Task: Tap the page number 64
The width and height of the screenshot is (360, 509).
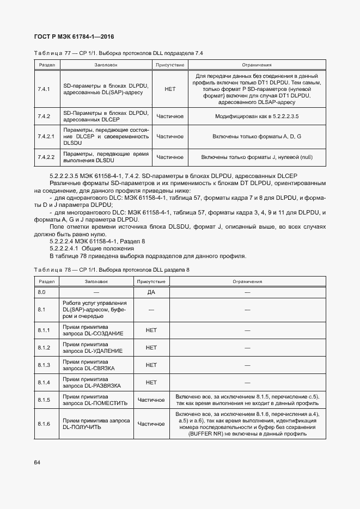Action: (x=37, y=463)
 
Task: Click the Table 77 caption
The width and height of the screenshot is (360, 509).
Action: (x=118, y=53)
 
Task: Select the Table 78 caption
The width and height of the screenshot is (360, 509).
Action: (x=112, y=270)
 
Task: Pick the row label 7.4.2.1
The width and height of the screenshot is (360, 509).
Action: (x=46, y=136)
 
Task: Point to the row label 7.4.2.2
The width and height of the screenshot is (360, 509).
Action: (x=46, y=157)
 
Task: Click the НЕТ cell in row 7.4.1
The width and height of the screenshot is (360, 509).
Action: (x=170, y=89)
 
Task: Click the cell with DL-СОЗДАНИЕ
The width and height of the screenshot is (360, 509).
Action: (x=96, y=330)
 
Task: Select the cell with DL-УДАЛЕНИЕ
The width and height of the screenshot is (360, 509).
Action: (x=96, y=347)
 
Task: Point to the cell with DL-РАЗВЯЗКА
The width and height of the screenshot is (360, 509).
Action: (x=96, y=382)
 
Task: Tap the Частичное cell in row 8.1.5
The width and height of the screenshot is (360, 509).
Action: (x=151, y=400)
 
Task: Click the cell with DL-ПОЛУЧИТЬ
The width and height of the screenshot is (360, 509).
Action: (x=96, y=424)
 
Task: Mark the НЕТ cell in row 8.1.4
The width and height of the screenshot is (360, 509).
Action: (x=151, y=382)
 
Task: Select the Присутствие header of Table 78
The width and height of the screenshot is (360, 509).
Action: (x=151, y=282)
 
